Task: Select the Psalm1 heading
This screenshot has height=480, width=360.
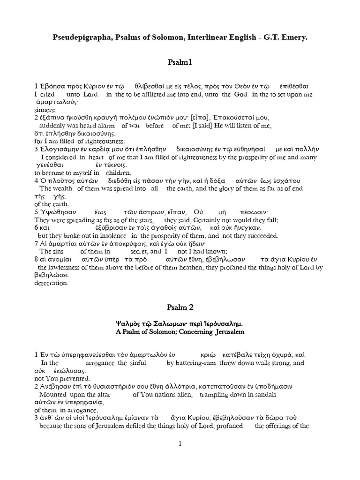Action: pyautogui.click(x=180, y=62)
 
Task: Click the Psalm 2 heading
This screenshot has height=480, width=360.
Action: pyautogui.click(x=180, y=307)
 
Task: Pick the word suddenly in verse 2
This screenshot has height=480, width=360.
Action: pyautogui.click(x=56, y=126)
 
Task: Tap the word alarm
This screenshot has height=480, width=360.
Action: pyautogui.click(x=105, y=126)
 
